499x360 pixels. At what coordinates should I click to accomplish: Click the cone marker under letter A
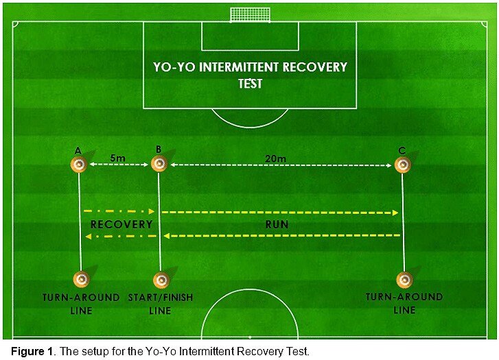pyautogui.click(x=79, y=165)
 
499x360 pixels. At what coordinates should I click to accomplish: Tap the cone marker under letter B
pyautogui.click(x=159, y=163)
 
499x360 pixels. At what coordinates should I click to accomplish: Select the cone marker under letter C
pyautogui.click(x=403, y=165)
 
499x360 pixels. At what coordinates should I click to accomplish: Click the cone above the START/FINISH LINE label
pyautogui.click(x=161, y=280)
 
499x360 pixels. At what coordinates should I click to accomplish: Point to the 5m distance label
pyautogui.click(x=118, y=158)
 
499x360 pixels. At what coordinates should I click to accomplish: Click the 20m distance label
pyautogui.click(x=276, y=158)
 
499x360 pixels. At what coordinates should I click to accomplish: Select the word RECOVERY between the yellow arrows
pyautogui.click(x=121, y=224)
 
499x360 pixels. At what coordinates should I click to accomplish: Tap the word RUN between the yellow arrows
pyautogui.click(x=277, y=224)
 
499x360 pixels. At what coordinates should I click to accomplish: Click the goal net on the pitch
pyautogui.click(x=250, y=14)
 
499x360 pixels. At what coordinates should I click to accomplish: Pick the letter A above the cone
pyautogui.click(x=78, y=151)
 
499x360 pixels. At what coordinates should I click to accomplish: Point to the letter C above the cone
pyautogui.click(x=402, y=150)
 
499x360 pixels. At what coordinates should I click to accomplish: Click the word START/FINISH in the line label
pyautogui.click(x=161, y=298)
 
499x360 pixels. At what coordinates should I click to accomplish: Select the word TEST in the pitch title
pyautogui.click(x=250, y=84)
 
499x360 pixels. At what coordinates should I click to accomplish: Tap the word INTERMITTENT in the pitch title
pyautogui.click(x=239, y=67)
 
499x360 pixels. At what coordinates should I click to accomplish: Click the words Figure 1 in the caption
pyautogui.click(x=32, y=351)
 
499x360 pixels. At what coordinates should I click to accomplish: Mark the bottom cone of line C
pyautogui.click(x=404, y=280)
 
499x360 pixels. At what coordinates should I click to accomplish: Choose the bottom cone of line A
pyautogui.click(x=81, y=279)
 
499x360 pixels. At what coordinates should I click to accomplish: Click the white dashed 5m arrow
pyautogui.click(x=119, y=165)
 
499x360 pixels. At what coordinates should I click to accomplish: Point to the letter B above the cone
pyautogui.click(x=159, y=149)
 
